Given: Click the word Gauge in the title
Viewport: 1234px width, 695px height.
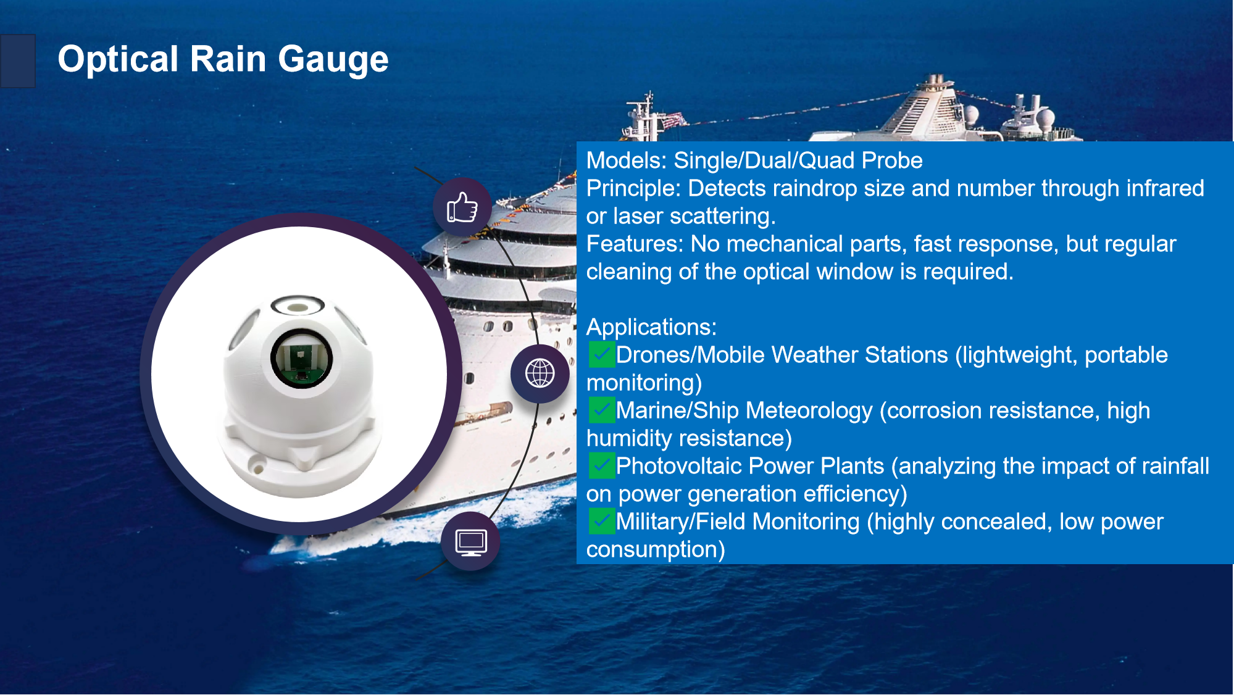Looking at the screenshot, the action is [333, 60].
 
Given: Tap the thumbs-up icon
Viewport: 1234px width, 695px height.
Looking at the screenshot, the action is [462, 207].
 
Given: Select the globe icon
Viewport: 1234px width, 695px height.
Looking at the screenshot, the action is [540, 373].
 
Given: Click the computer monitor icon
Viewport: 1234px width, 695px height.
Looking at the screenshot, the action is [471, 543].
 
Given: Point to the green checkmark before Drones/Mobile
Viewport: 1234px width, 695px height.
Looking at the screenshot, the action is [602, 354].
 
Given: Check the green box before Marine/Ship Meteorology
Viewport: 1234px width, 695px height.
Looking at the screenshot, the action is [602, 410].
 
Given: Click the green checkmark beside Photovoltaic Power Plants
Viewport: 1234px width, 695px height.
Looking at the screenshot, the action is [602, 465].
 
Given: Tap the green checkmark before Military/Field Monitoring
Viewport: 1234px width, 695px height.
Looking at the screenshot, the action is [602, 521].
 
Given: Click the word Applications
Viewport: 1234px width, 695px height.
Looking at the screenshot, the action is [651, 328].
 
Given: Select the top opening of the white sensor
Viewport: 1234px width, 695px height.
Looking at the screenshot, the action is [298, 305].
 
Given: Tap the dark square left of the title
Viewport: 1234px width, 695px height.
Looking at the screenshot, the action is [18, 61].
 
